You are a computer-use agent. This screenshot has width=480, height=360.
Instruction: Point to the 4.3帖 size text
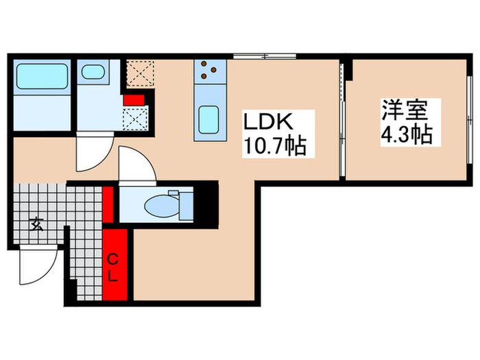tap(407, 134)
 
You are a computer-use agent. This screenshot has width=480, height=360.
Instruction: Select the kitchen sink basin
tap(208, 121)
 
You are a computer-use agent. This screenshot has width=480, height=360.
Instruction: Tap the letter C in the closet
tap(115, 258)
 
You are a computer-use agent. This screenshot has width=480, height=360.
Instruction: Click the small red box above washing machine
tap(133, 99)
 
